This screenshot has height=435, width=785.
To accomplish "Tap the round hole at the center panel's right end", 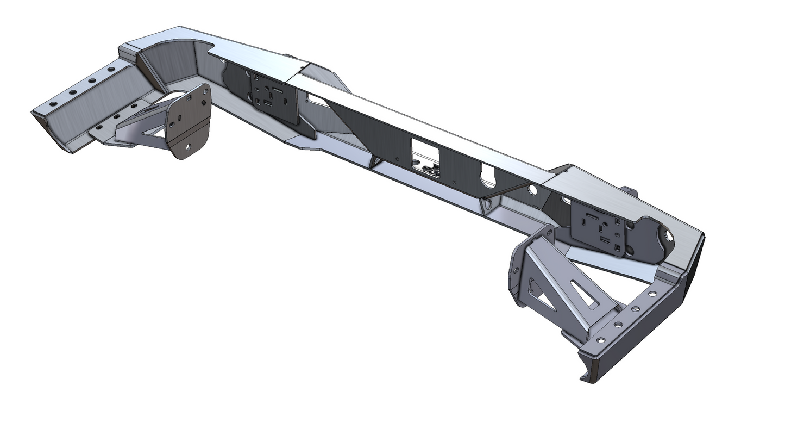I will tap(531, 190).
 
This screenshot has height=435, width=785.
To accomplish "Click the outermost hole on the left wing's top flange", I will tap(53, 103).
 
